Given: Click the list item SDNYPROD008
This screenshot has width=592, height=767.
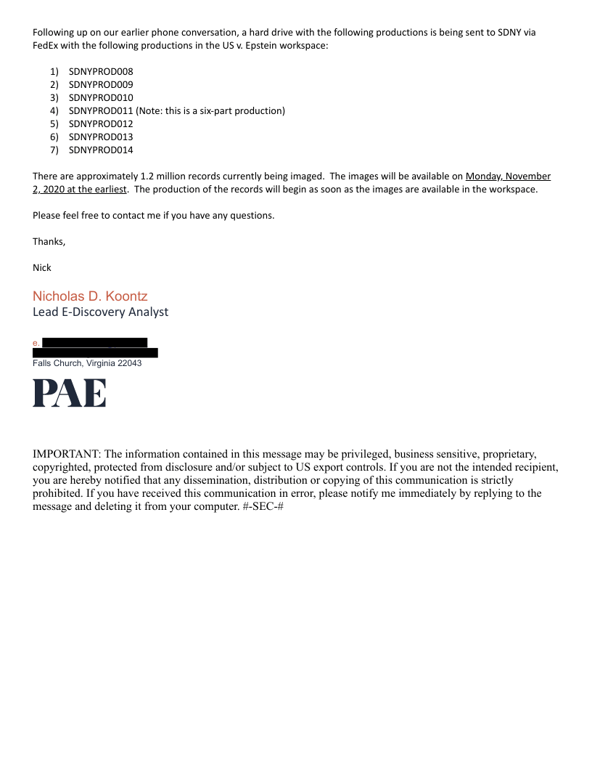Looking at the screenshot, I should pos(101,71).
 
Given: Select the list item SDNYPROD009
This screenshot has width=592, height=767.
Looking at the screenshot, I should pos(101,84).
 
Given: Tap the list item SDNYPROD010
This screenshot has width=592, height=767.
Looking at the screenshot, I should pos(101,97).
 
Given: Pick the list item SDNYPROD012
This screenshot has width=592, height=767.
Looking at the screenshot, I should pos(101,123).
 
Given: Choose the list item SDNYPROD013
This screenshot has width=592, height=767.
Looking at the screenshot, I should pos(101,137).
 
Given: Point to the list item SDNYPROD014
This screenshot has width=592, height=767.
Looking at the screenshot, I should pos(101,150).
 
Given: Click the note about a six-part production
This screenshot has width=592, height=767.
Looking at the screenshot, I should pos(210,110).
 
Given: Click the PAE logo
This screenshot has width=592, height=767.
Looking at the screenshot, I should pos(70,393).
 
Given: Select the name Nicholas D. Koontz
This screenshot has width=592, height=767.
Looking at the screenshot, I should pos(90,296).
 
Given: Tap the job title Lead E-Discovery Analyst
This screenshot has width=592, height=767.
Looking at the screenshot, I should pos(100,312).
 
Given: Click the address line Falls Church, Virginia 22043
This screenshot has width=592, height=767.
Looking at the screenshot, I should pos(87,363).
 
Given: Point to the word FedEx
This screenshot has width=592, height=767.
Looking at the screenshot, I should pos(45,45).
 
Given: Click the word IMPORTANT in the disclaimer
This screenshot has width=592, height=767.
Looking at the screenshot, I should pos(67,454).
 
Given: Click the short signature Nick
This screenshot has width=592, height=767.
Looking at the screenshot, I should pos(42,267).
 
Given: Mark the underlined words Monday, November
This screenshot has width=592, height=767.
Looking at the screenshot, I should pos(508,176).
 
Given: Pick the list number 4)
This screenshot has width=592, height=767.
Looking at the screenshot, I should pos(54,110).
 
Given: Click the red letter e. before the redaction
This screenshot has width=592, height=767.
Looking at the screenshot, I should pos(36,342).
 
